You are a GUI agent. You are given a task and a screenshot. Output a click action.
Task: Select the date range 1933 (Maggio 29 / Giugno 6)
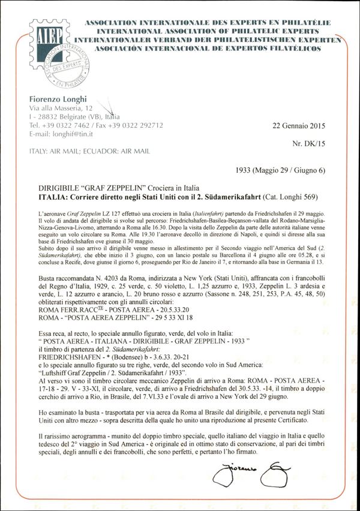click(x=281, y=170)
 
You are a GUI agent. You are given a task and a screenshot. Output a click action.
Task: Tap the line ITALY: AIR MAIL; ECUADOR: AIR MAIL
click(x=89, y=151)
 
